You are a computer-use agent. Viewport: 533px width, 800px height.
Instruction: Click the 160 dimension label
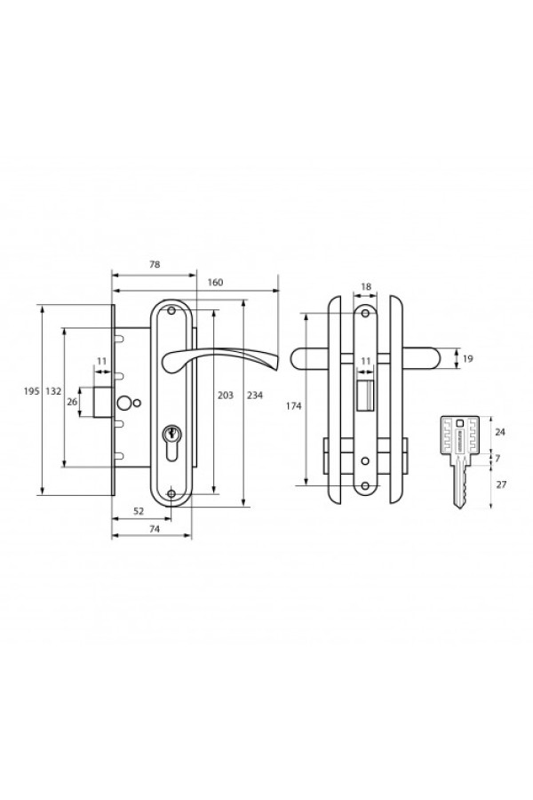click(x=215, y=282)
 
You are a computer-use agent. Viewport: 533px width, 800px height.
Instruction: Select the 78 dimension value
click(x=154, y=264)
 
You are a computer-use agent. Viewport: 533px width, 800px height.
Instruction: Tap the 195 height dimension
click(x=31, y=391)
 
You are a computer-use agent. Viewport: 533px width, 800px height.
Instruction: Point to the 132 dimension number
click(x=53, y=391)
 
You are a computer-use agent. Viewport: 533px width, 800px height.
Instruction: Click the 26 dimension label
click(x=72, y=402)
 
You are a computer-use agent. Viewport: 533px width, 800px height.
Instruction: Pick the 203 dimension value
click(x=226, y=395)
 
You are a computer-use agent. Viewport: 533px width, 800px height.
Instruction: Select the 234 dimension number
click(x=255, y=395)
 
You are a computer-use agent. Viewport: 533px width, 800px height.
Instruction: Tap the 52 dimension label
click(x=139, y=511)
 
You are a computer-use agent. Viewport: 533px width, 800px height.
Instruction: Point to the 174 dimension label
click(x=293, y=406)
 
